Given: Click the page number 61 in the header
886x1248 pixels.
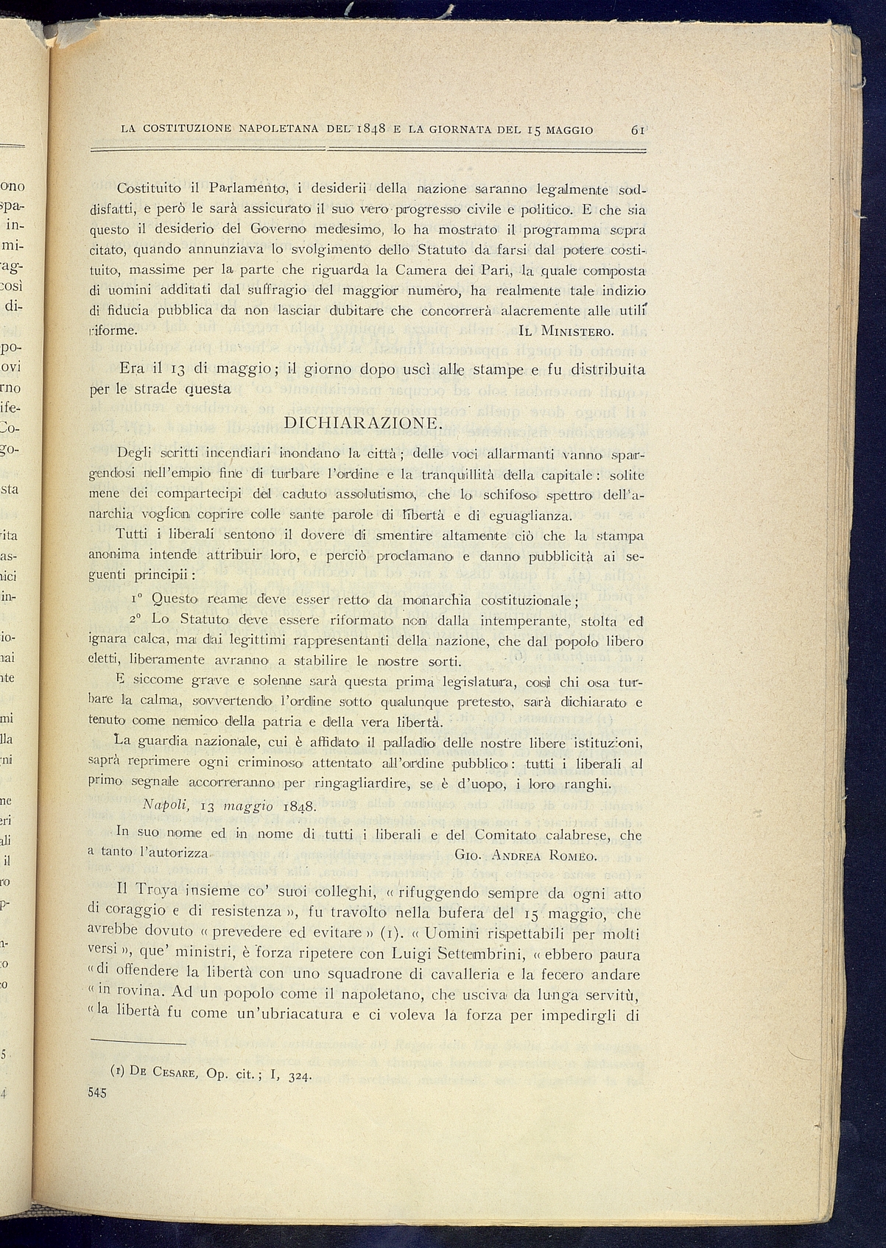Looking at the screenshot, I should (638, 130).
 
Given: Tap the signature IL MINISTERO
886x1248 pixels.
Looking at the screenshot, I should (566, 330).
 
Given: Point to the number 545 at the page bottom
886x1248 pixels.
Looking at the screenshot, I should (97, 1093).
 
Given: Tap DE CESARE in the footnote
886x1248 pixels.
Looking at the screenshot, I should (164, 1072).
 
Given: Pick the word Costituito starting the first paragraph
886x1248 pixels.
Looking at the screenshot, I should (149, 188).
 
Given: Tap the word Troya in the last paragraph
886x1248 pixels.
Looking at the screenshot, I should (150, 894).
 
